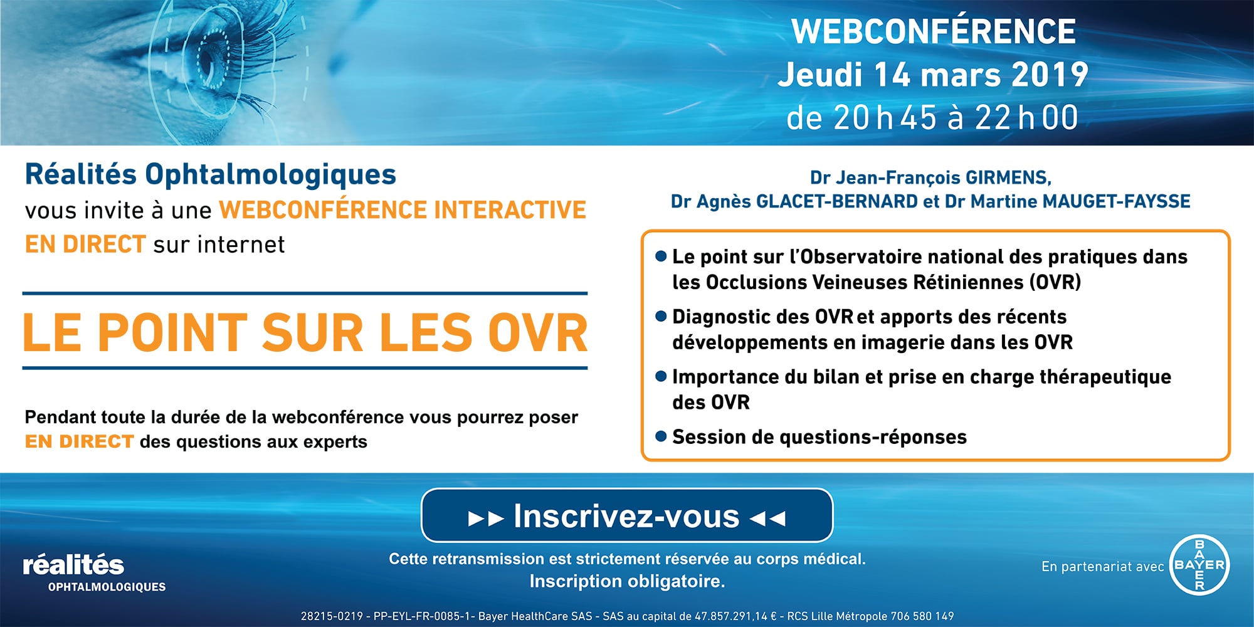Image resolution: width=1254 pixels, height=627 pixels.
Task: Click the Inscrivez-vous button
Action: (627, 515)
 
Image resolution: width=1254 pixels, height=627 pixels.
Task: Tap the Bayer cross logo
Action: (1199, 565)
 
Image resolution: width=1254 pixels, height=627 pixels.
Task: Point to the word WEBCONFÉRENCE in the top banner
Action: (933, 31)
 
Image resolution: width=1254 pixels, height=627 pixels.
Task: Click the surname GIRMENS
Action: (1008, 178)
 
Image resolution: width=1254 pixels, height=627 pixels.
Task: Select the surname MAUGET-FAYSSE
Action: (1116, 201)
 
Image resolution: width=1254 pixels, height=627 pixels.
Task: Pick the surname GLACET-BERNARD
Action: (837, 201)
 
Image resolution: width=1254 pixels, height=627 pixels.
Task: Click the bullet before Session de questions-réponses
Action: (660, 436)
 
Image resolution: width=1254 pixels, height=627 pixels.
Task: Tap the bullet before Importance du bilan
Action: (660, 376)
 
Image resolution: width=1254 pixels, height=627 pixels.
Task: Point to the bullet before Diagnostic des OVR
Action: (660, 316)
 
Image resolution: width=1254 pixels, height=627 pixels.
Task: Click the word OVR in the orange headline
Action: (538, 332)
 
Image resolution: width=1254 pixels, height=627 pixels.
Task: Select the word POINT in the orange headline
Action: (172, 332)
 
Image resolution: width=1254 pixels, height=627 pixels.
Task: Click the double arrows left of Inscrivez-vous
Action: (486, 519)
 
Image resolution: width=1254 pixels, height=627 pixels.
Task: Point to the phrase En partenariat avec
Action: (1102, 567)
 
